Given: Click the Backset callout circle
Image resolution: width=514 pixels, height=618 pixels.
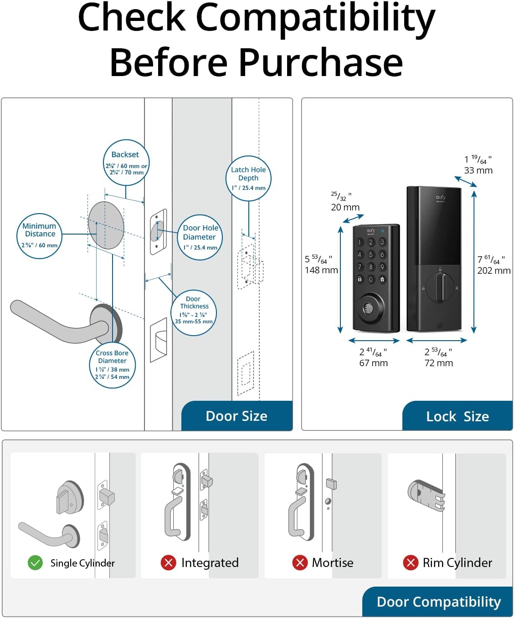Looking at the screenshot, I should pos(126,163).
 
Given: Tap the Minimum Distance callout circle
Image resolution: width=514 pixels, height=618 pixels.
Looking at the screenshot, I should pos(40,236).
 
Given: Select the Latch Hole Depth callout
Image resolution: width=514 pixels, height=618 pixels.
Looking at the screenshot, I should pos(248,178).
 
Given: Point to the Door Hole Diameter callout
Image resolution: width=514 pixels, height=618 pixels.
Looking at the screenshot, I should pos(200,237).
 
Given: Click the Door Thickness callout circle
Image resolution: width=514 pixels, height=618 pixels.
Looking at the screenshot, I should pos(194,313).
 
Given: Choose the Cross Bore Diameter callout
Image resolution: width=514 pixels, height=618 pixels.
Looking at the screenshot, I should pos(113,365).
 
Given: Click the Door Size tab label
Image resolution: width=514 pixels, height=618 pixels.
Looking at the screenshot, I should pos(236,416).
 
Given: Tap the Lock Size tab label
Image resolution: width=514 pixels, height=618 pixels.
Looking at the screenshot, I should pos(457,417).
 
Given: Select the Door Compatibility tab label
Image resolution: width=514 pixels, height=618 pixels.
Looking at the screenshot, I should pos(438,602).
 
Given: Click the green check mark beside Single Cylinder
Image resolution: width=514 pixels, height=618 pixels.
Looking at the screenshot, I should pos(35,563).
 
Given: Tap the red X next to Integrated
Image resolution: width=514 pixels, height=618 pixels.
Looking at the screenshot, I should pos(168,563).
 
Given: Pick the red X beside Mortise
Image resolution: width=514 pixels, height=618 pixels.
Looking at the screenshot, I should pos(300,563).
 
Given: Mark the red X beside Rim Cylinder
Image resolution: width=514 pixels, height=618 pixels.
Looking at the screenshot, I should pos(411,563).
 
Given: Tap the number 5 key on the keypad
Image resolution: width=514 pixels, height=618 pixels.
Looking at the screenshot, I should pos(371,255).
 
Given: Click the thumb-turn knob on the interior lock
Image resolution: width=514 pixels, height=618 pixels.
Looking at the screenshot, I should pos(441,287).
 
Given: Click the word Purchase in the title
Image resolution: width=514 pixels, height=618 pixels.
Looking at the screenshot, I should pos(321,62).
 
